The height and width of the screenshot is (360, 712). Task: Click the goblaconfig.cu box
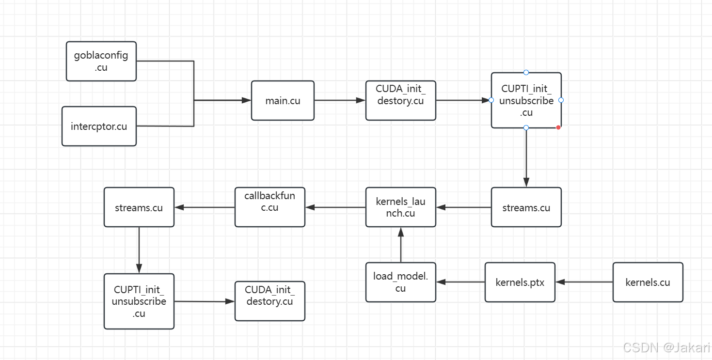tap(101, 61)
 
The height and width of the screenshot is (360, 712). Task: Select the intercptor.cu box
tap(99, 126)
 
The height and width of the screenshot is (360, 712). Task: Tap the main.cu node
tap(283, 101)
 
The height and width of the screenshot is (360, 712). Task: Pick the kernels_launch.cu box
tap(401, 207)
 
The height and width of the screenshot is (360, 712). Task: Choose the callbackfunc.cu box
tap(269, 207)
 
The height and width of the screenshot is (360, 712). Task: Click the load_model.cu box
tap(401, 282)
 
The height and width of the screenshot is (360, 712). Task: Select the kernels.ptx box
tap(520, 282)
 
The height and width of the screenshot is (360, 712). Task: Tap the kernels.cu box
tap(648, 282)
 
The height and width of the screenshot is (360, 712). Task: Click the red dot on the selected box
tap(558, 127)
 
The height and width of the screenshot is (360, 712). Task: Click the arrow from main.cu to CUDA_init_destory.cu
tap(340, 101)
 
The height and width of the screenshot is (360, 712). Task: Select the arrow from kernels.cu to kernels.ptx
tap(584, 282)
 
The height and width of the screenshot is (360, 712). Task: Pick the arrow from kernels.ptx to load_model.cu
tap(460, 282)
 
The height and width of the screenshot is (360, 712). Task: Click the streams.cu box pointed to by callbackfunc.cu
tap(139, 207)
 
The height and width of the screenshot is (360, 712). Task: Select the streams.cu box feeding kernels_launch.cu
tap(526, 207)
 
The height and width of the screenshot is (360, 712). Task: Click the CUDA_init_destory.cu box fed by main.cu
tap(400, 101)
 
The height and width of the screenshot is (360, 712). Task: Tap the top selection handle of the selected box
tap(526, 73)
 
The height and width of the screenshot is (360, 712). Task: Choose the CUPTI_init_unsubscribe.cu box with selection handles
tap(526, 101)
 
